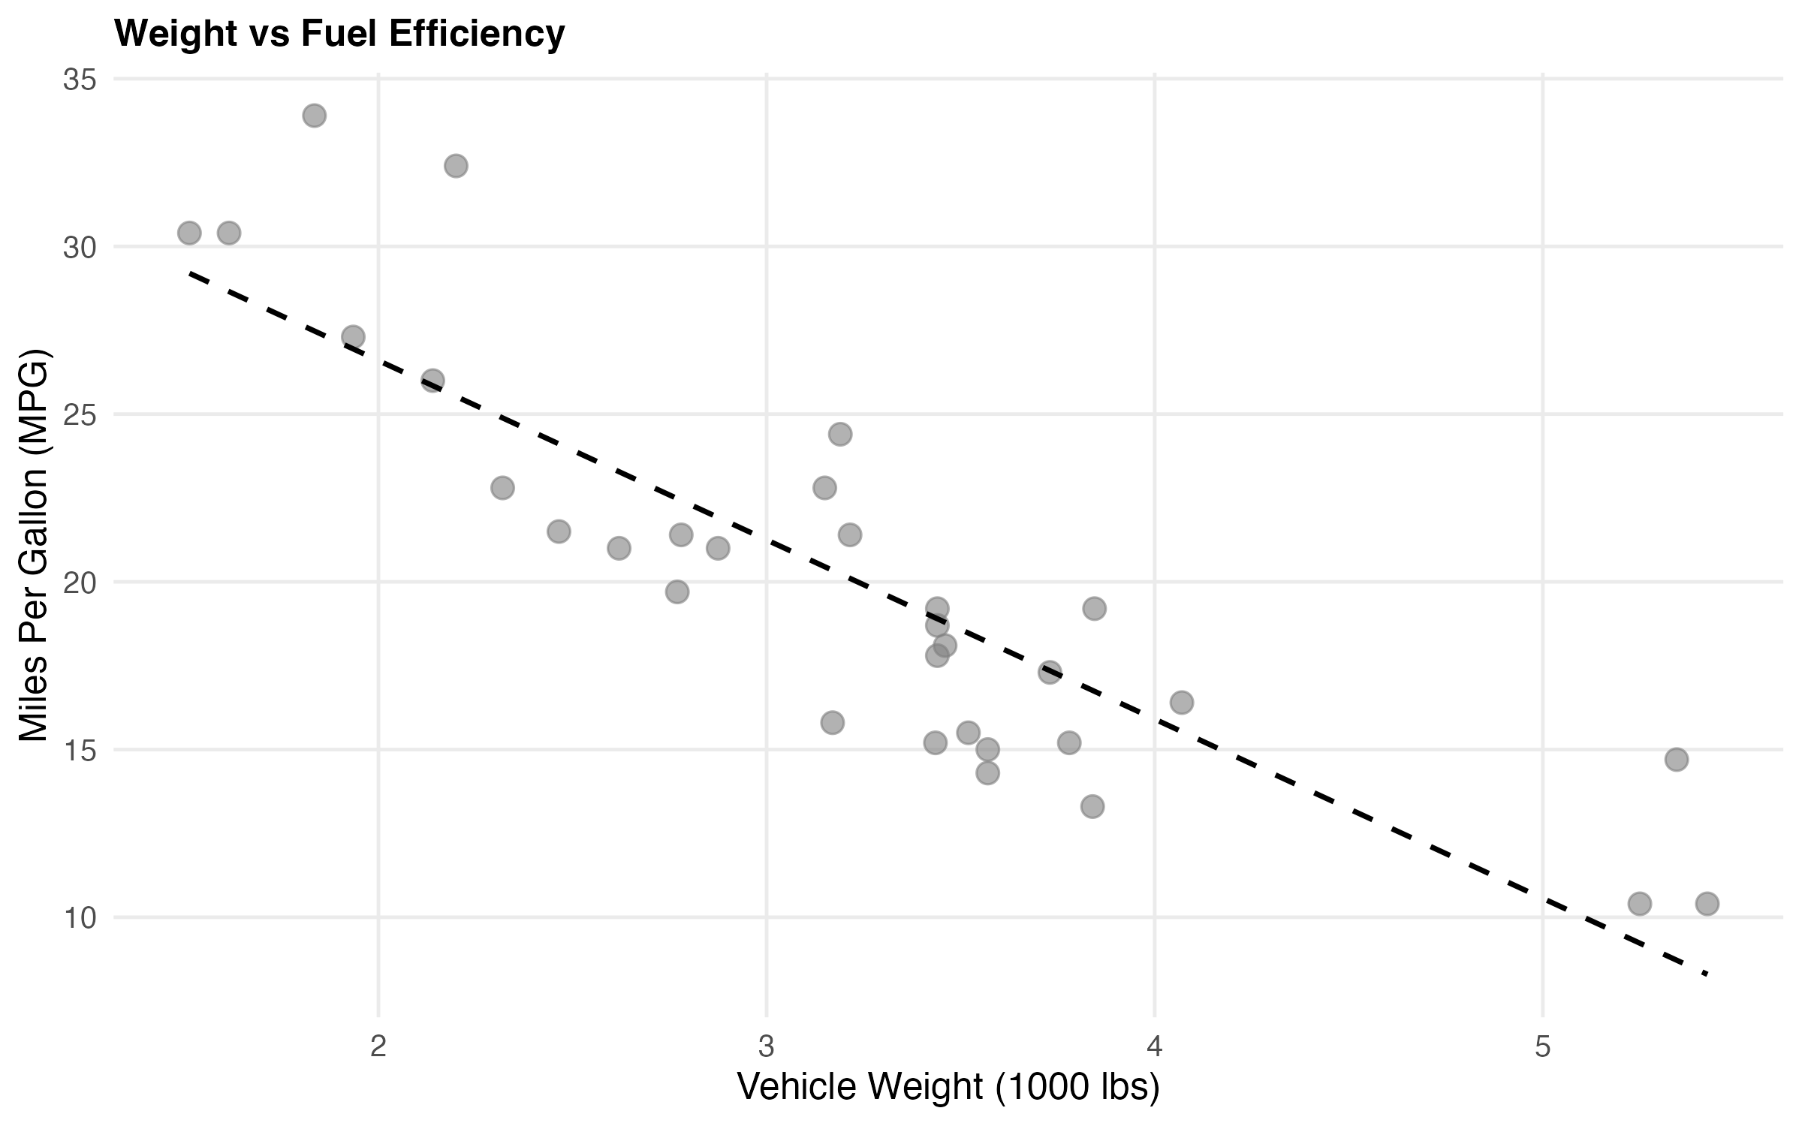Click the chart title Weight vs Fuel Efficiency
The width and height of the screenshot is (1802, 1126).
tap(339, 34)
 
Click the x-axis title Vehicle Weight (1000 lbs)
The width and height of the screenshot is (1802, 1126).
tap(948, 1087)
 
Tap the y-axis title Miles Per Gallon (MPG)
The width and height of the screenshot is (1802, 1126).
tap(34, 546)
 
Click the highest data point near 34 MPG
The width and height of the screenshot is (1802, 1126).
tap(315, 116)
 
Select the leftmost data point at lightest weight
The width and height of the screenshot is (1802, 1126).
tap(189, 233)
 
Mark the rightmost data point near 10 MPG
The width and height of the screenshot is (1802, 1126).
tap(1707, 903)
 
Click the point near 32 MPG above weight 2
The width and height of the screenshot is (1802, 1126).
tap(456, 165)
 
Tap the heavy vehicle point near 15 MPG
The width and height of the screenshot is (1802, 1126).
tap(1677, 760)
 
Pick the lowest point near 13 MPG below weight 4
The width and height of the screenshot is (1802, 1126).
tap(1092, 806)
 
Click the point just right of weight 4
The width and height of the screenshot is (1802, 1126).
tap(1182, 703)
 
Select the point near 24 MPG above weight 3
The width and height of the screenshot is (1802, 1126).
tap(840, 434)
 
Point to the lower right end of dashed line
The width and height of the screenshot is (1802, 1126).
tap(1707, 974)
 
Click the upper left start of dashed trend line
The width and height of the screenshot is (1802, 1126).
tap(191, 274)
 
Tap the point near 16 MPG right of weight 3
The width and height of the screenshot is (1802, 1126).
tap(832, 722)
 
